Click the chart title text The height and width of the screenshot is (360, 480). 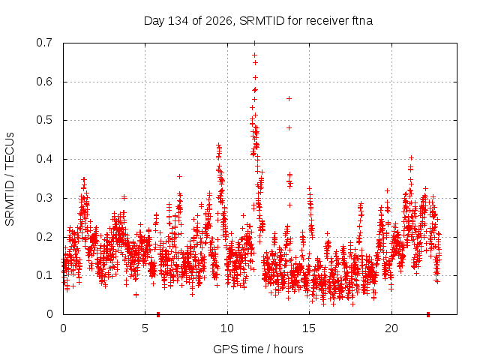pos(258,21)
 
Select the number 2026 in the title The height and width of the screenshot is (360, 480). pos(218,21)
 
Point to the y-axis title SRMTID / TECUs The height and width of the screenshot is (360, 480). pos(10,179)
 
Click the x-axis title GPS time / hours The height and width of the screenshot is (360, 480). pos(258,349)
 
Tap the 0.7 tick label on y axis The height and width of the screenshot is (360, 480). pos(44,43)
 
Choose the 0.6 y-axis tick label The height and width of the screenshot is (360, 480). pos(44,82)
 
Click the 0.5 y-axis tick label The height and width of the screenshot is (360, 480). pos(44,120)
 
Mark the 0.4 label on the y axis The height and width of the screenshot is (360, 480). pos(44,159)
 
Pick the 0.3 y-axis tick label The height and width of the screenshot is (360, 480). pos(44,198)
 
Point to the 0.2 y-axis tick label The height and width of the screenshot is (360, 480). pos(44,237)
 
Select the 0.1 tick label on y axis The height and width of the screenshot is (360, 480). pos(44,275)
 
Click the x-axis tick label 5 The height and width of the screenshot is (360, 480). pos(145,328)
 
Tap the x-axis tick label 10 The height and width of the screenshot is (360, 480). pos(227,328)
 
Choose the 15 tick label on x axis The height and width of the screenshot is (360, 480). pos(309,328)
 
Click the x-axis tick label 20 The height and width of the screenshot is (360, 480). pos(391,328)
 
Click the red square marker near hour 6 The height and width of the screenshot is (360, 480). pos(158,314)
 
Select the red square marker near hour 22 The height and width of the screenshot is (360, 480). pos(428,314)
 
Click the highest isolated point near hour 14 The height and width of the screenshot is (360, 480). pos(289,98)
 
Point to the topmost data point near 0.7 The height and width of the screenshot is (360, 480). pos(254,43)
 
